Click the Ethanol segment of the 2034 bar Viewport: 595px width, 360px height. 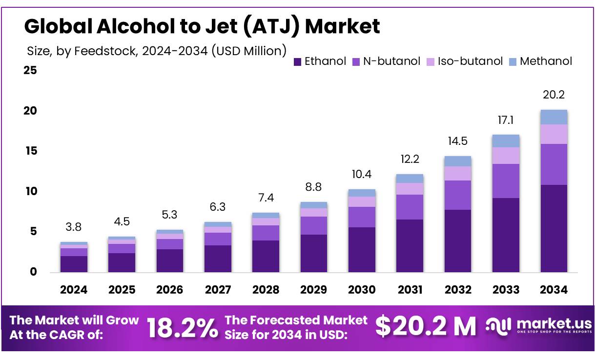point(554,228)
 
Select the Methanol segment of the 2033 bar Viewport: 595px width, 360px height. point(506,141)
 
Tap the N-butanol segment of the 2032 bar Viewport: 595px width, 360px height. point(457,195)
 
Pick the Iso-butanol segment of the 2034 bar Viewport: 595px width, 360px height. point(554,134)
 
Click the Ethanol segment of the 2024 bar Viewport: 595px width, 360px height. point(74,264)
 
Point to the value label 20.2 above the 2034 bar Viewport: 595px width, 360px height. point(554,95)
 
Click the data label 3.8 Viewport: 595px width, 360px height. point(74,227)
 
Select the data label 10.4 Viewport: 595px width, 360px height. point(362,174)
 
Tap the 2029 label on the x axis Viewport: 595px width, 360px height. point(313,290)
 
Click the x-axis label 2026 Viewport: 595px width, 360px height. point(169,290)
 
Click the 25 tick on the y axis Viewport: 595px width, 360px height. point(30,71)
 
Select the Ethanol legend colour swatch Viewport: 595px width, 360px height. point(297,61)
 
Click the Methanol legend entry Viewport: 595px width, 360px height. point(546,61)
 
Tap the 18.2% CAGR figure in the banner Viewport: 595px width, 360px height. point(183,327)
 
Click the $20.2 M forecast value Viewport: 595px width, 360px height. point(425,326)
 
